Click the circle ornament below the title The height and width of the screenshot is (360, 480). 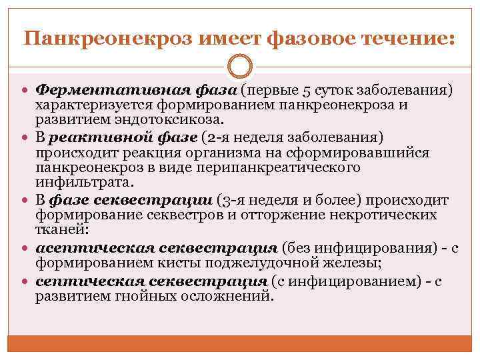point(239,67)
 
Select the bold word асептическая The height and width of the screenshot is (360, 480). point(91,249)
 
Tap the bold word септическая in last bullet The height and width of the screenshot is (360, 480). point(85,282)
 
